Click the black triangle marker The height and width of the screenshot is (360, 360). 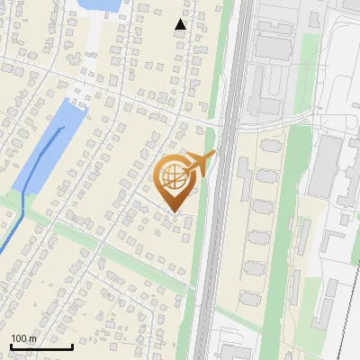180,24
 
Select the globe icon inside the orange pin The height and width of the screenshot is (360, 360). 174,177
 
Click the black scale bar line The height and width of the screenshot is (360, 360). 40,346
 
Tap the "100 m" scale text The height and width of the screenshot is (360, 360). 23,338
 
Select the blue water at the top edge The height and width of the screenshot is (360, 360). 101,5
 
